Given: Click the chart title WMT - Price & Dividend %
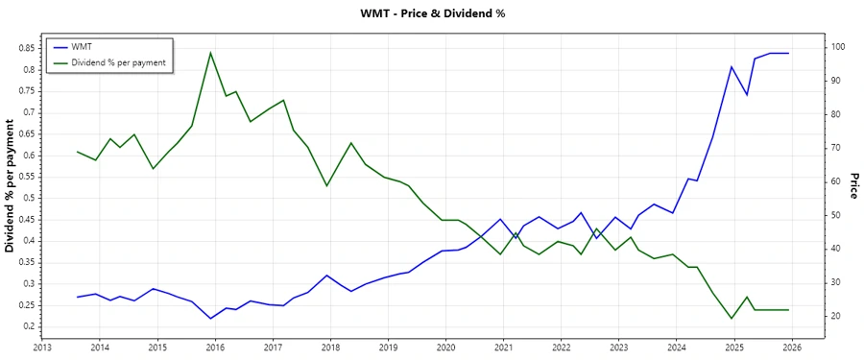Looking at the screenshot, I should [431, 13].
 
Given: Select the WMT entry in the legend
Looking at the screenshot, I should [82, 47].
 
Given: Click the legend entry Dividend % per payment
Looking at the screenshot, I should [119, 62].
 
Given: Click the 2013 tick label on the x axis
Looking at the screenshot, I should [42, 348].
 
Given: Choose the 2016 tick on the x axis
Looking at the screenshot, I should [215, 348].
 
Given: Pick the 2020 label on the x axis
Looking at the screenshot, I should [445, 348].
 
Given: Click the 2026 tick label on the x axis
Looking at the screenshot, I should [791, 348].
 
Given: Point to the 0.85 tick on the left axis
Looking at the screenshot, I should [25, 47].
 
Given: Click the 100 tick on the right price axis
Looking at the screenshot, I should [837, 47].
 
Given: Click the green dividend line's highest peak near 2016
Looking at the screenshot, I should [210, 53].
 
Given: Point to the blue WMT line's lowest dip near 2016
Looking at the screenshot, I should [210, 318].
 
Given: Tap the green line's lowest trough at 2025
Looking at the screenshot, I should [732, 319].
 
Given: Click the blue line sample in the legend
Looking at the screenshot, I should [60, 47].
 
